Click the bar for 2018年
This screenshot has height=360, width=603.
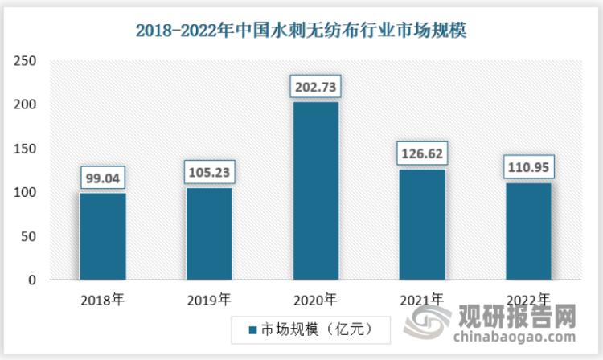point(102,236)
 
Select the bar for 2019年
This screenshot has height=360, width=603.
point(209,234)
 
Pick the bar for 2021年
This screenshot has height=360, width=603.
point(421,224)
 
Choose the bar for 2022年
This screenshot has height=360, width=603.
point(527,231)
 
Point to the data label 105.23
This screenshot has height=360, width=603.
point(209,171)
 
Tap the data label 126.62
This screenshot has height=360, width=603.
point(421,153)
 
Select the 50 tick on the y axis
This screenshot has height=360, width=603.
point(29,237)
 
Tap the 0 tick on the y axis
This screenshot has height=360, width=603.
point(32,280)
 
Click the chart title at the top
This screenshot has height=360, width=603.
point(301,31)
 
